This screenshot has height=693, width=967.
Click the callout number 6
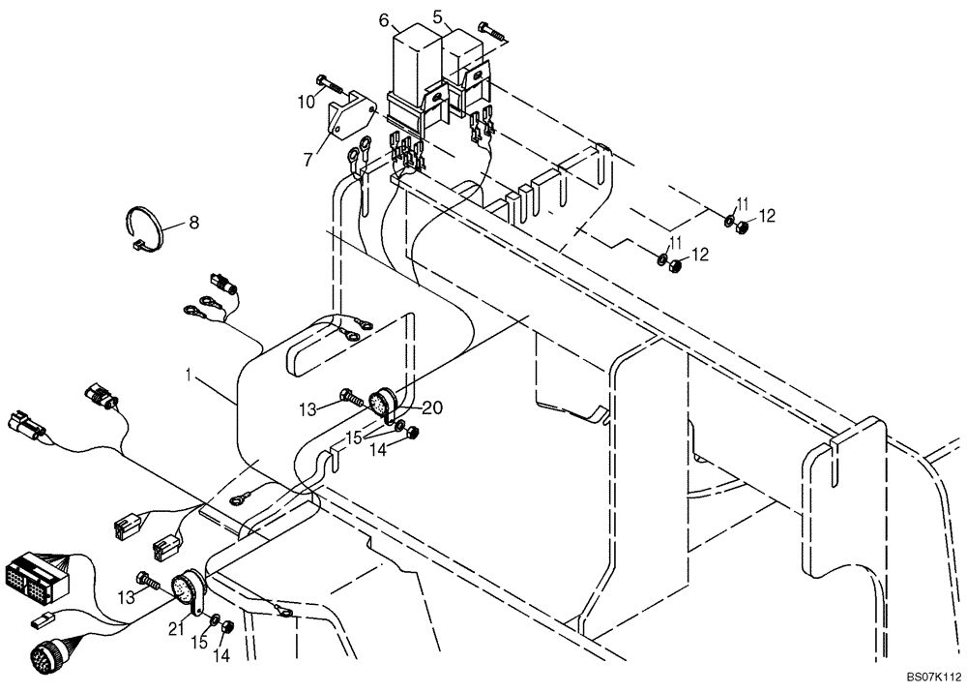coord(384,20)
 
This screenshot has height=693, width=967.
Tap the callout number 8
coord(193,223)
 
